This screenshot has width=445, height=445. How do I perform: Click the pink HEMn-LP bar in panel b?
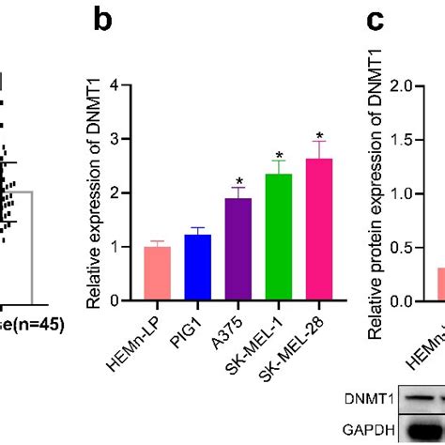pos(158,273)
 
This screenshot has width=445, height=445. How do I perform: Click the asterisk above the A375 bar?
pos(239,181)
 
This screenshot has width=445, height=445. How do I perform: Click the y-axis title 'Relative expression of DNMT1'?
pos(93,193)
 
